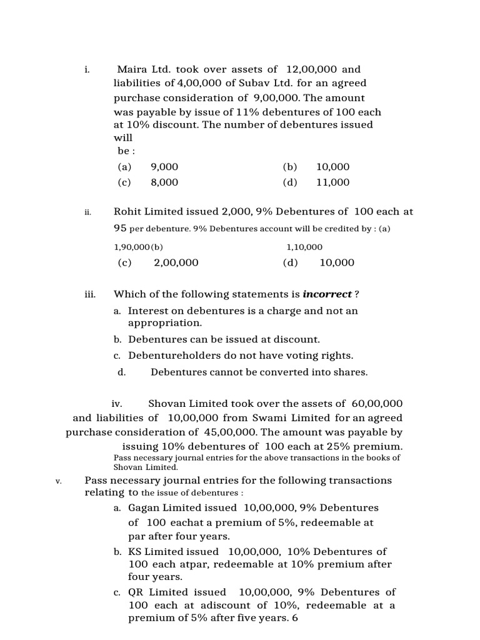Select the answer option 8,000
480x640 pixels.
point(164,182)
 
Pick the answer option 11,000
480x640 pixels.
point(333,182)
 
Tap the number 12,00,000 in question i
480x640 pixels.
point(311,69)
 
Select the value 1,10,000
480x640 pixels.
point(304,247)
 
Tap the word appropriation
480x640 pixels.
point(165,323)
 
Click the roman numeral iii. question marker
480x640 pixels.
point(89,294)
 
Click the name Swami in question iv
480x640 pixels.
point(274,417)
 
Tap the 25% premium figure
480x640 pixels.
point(357,446)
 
